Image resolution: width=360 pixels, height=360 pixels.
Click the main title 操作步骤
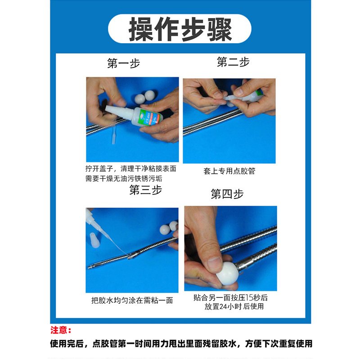pos(180,29)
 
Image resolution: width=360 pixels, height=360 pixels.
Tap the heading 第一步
pos(123,63)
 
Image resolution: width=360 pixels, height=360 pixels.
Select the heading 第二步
pos(233,62)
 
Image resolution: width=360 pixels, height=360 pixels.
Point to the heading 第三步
pos(145,190)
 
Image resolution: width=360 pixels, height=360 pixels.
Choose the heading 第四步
pos(227,194)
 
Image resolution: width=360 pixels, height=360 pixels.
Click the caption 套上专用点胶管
pos(229,171)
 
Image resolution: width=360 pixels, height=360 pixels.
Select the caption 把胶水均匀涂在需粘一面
pos(132,300)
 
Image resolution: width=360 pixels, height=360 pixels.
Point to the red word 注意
pos(61,330)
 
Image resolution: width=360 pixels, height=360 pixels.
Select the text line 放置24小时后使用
pos(234,306)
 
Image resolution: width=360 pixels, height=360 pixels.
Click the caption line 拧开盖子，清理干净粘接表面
pos(131,169)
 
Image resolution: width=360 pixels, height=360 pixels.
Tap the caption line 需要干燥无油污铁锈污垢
pos(124,179)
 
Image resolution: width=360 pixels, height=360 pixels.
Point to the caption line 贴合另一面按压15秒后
pos(230,297)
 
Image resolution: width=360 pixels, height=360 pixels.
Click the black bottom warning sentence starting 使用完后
pos(181,344)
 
